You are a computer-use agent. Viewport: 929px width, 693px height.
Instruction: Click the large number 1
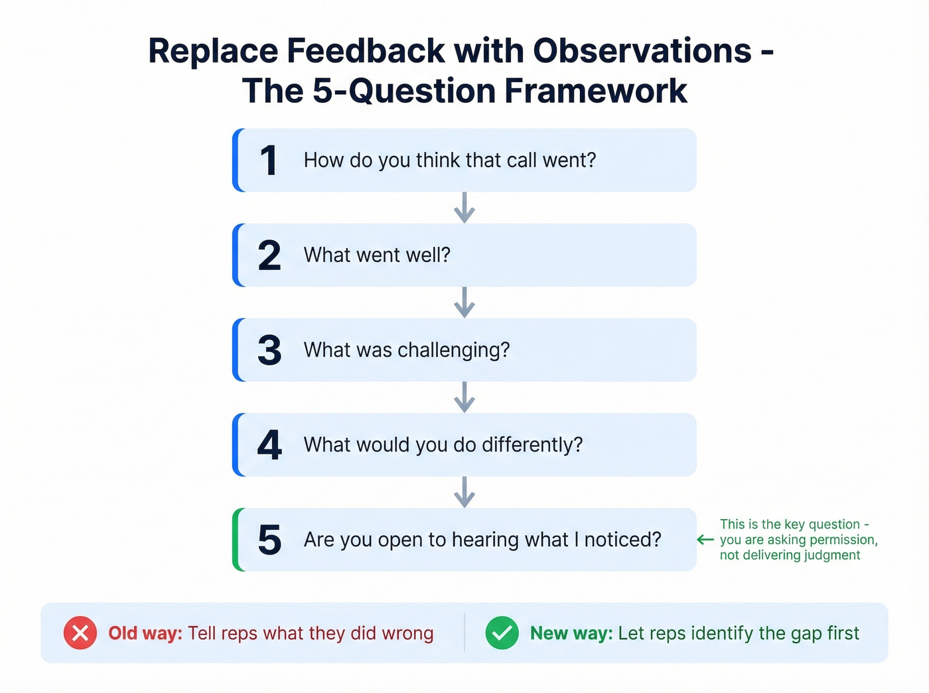tap(268, 160)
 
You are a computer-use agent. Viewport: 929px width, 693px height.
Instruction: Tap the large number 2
tap(269, 256)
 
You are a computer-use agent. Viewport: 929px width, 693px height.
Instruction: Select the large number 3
tap(269, 350)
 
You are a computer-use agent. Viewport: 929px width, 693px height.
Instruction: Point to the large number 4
tap(269, 445)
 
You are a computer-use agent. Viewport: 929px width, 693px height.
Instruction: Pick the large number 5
tap(269, 540)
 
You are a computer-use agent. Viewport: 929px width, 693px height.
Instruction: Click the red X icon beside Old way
tap(80, 633)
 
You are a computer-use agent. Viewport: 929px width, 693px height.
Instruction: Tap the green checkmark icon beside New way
tap(502, 633)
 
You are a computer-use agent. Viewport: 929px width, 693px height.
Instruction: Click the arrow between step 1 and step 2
tap(464, 208)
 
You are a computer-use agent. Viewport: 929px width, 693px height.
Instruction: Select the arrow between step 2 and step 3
tap(464, 302)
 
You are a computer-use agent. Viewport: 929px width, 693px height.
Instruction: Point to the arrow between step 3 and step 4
tap(464, 397)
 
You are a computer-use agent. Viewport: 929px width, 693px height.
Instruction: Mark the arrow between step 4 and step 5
tap(464, 492)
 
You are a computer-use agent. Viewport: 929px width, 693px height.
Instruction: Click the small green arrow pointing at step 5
tap(705, 540)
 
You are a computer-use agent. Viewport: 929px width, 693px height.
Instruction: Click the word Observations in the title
tap(642, 51)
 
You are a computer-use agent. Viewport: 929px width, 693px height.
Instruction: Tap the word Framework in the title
tap(595, 91)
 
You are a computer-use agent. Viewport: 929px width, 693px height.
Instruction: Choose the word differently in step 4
tap(532, 445)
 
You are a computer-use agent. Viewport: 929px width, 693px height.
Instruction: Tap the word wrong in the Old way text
tap(407, 633)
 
